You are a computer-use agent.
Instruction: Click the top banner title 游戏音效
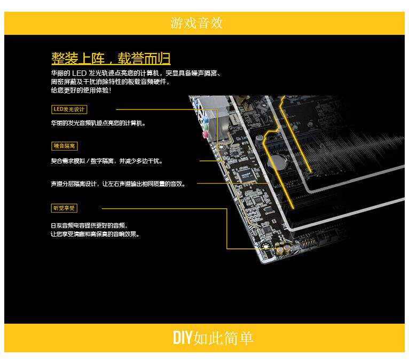point(196,23)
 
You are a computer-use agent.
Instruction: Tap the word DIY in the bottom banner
point(182,338)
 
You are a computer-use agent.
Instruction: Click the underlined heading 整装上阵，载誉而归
point(111,58)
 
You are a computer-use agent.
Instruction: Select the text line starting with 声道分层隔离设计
point(118,184)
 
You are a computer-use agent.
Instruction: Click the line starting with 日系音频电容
point(89,226)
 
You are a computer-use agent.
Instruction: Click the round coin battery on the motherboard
point(276,161)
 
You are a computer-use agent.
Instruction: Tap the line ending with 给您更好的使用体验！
point(81,90)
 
